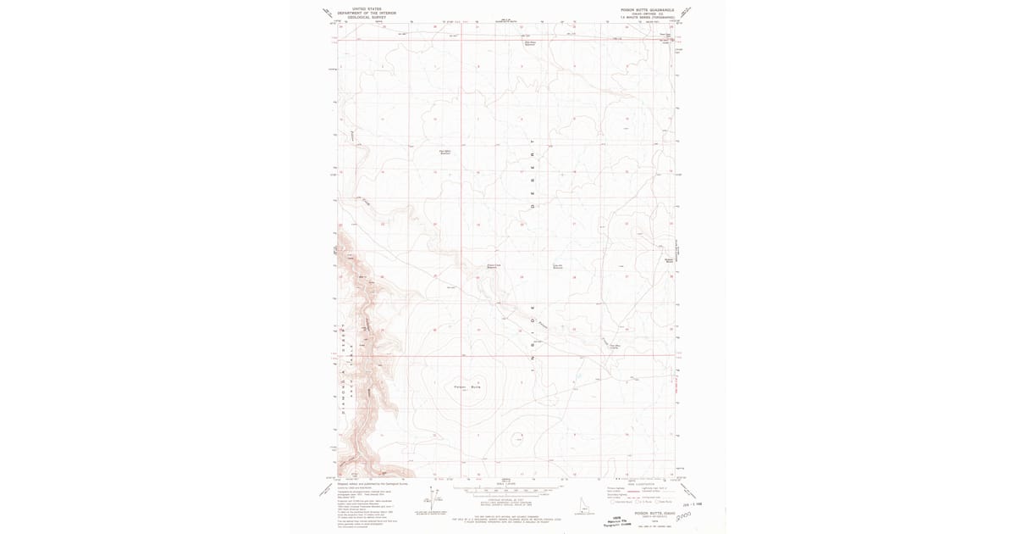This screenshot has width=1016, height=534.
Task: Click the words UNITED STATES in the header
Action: [367, 8]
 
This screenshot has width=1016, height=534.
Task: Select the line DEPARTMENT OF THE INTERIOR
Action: [367, 12]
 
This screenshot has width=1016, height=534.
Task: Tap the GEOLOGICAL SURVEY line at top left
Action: [367, 16]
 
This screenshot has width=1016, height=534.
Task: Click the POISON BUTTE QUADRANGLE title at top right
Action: [647, 8]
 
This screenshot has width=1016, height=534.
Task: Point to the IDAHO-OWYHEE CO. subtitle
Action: [647, 13]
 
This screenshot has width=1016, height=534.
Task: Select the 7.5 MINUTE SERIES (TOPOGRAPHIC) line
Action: [647, 17]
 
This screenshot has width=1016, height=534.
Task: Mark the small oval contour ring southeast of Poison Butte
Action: [517, 438]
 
